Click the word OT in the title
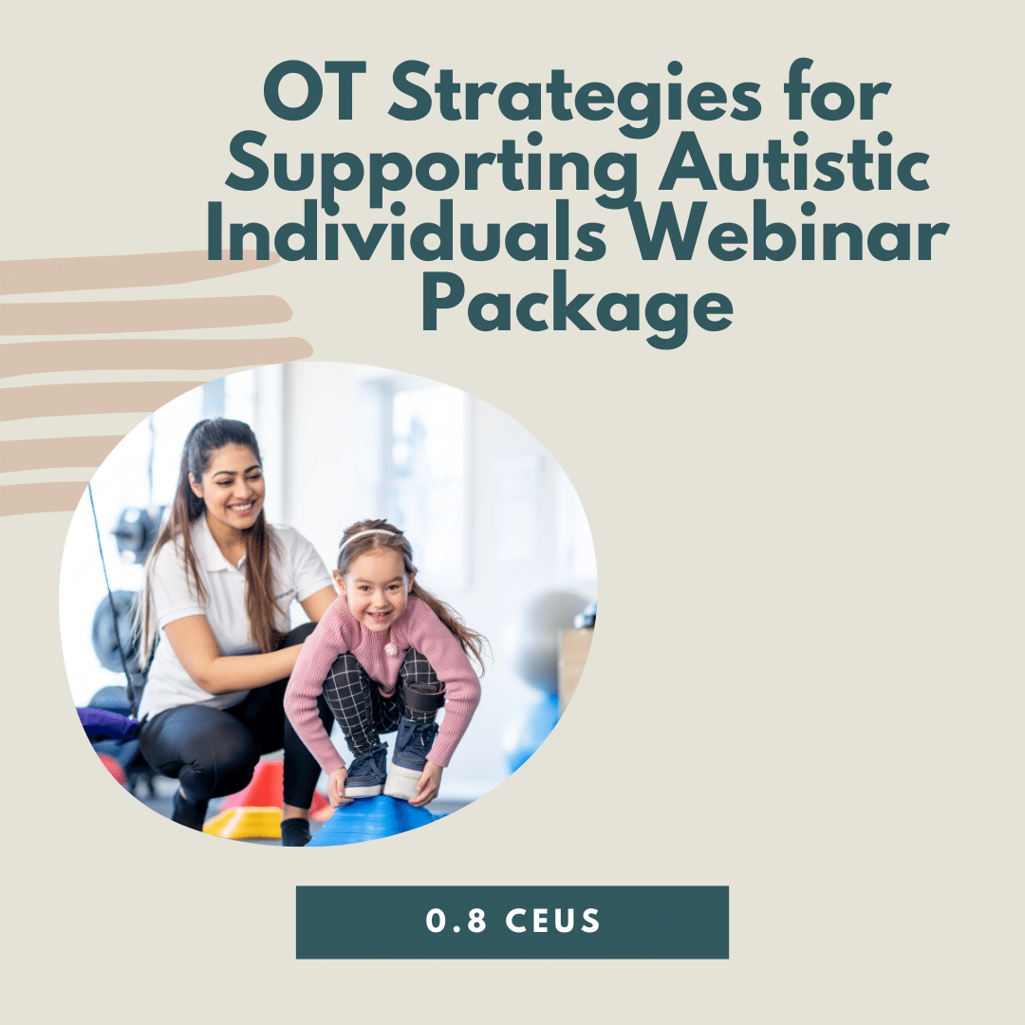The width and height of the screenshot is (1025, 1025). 314,91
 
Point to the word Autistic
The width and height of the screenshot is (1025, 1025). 794,160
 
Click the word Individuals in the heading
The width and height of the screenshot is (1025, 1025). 406,232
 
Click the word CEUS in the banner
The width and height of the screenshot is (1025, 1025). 553,921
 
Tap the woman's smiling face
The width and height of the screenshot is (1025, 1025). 233,485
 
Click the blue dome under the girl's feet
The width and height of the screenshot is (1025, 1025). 375,821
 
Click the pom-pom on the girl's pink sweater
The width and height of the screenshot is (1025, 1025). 391,650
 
